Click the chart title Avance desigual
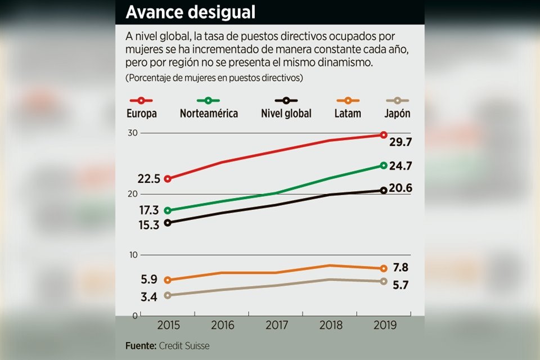[x=190, y=12]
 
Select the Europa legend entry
[x=141, y=113]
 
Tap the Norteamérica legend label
[x=209, y=113]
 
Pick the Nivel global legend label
[x=286, y=113]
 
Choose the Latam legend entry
[x=347, y=113]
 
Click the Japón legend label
[x=398, y=113]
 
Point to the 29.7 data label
[x=401, y=143]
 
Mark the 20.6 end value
[x=400, y=188]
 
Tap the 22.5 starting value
[x=149, y=179]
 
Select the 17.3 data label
[x=149, y=210]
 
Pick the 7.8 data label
[x=400, y=267]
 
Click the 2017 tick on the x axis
[x=276, y=325]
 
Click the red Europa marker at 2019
[x=384, y=135]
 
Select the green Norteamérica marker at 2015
[x=168, y=210]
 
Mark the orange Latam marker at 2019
[x=384, y=269]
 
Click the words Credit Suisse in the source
[x=184, y=346]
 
